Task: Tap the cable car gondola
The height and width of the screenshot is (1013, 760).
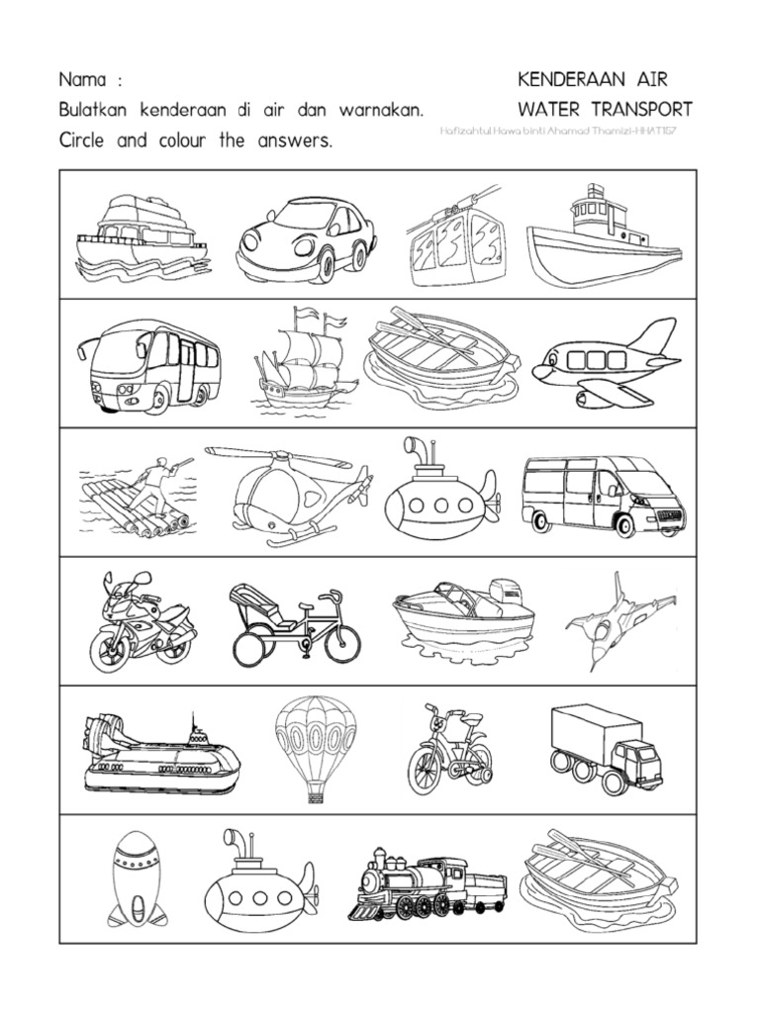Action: click(454, 243)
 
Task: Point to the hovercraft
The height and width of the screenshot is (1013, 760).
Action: click(160, 754)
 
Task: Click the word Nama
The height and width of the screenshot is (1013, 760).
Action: click(82, 79)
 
